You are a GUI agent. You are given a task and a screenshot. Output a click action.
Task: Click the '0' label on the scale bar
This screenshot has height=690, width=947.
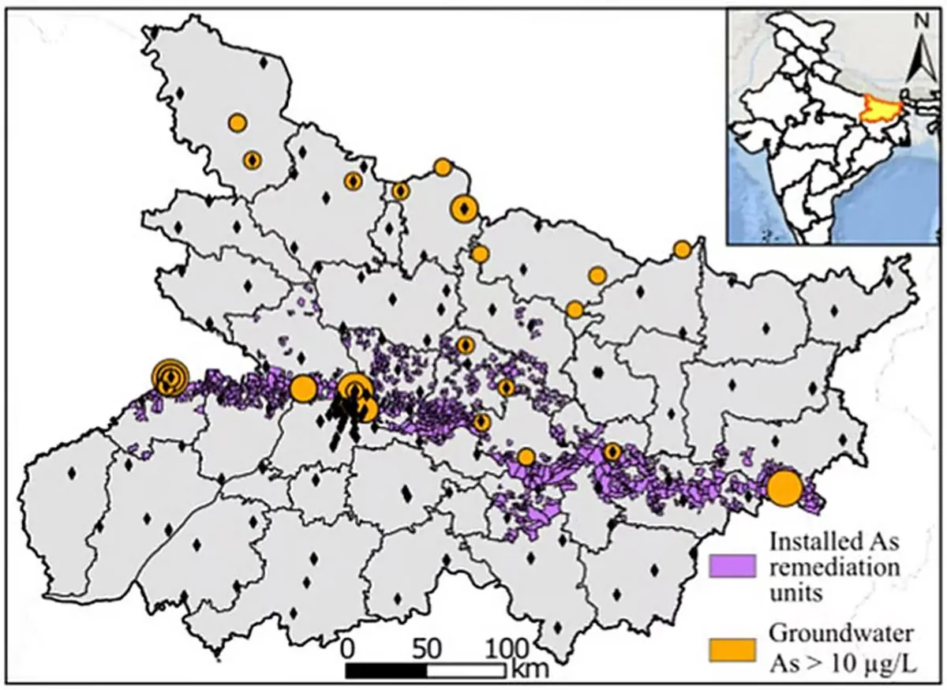point(348,649)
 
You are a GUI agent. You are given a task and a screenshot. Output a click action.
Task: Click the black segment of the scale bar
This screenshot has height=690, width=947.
point(387,670)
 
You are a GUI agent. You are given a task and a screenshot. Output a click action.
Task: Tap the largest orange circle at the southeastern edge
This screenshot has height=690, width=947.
point(784,488)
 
